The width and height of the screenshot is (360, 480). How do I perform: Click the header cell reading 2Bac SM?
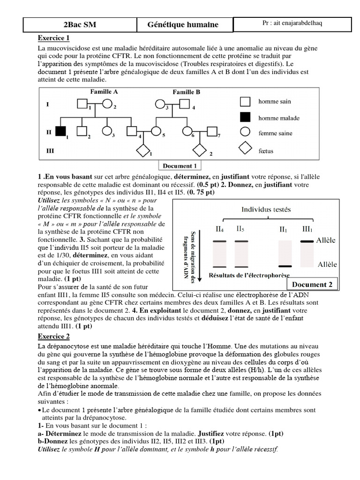[x=80, y=25]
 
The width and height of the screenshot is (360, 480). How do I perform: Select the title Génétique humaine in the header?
[x=183, y=25]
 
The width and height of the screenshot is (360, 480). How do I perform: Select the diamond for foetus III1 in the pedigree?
[x=142, y=151]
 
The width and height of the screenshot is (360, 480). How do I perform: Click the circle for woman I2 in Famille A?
[x=107, y=104]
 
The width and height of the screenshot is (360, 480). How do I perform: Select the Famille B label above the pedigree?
[x=186, y=92]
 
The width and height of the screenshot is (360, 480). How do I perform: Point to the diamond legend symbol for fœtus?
[x=246, y=150]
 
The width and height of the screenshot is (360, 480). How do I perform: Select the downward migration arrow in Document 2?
[x=201, y=253]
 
